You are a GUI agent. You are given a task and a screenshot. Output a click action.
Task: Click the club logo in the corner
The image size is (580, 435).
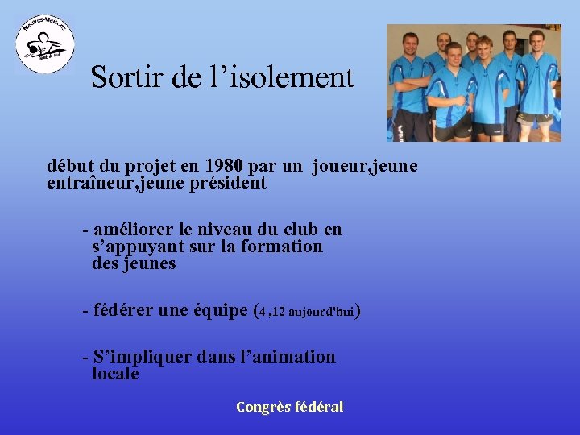point(45,43)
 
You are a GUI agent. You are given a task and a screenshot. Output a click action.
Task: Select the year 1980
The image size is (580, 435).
point(222,167)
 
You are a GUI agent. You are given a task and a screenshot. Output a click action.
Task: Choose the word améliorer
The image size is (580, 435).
point(139,230)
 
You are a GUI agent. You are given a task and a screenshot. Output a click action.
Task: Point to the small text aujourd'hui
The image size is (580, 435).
point(321,311)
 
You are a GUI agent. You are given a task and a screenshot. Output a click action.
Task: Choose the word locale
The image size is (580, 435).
point(115,374)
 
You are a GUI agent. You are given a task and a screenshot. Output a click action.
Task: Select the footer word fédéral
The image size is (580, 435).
point(321,407)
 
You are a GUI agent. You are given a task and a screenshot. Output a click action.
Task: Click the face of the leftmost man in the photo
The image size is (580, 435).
point(411,44)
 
